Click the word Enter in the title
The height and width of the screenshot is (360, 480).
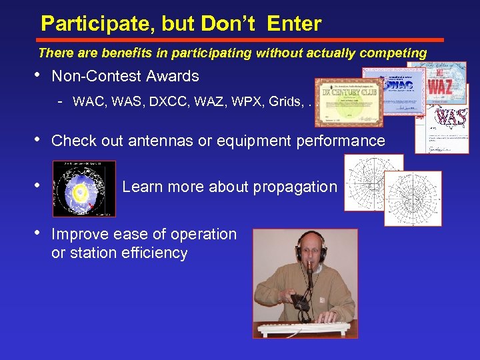(294, 25)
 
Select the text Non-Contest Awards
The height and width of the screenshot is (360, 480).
(125, 76)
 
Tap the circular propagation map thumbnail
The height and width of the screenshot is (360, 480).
(84, 189)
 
